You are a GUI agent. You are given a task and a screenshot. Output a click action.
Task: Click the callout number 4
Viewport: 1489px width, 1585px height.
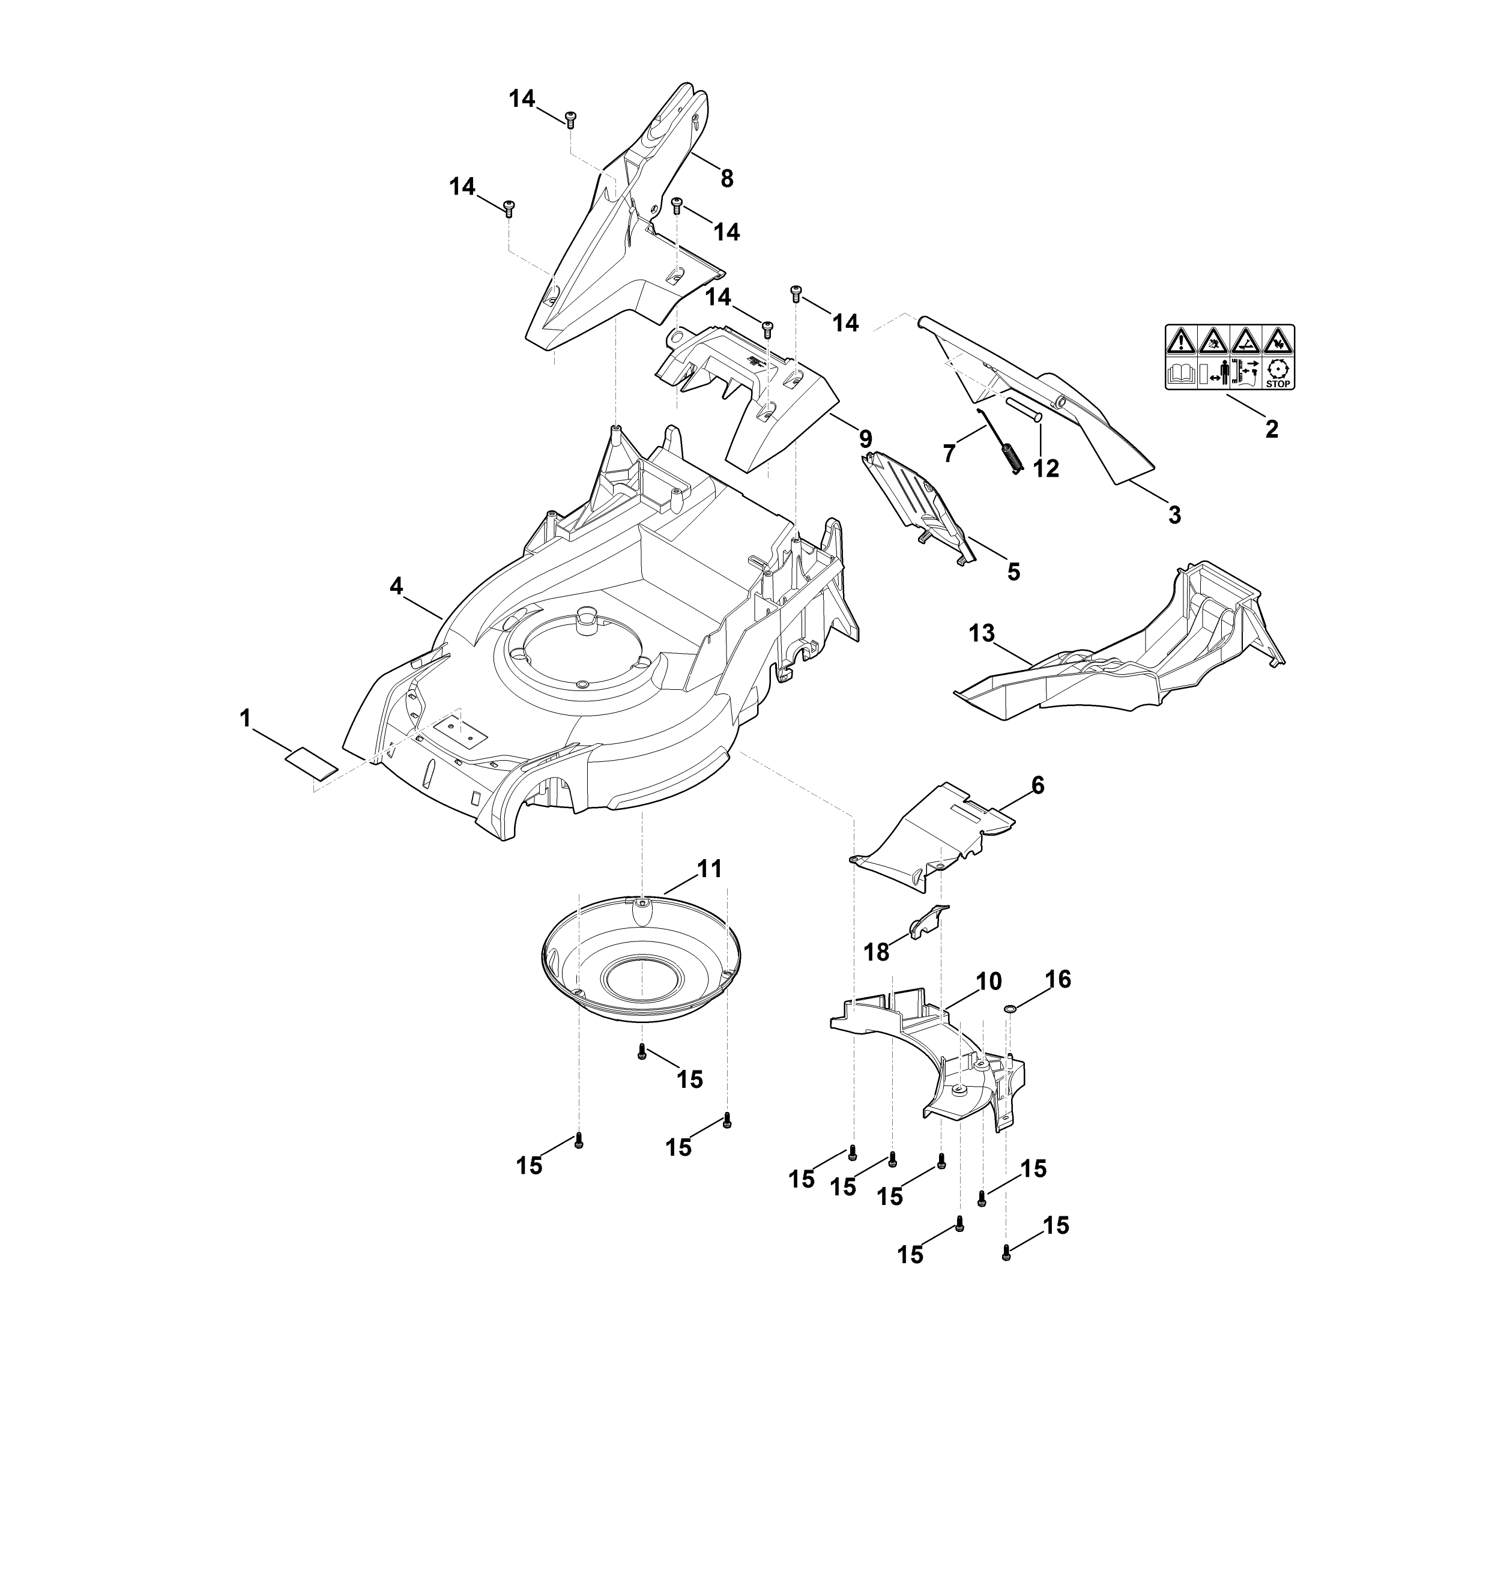tap(396, 586)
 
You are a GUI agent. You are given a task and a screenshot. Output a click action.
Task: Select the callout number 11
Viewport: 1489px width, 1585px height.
tap(710, 869)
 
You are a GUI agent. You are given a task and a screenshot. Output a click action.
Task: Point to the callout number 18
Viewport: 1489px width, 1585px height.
tap(877, 952)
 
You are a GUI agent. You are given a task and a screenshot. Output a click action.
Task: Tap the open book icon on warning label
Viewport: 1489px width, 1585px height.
tap(1180, 373)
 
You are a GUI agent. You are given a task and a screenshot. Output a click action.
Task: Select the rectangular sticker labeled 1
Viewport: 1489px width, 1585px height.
tap(311, 763)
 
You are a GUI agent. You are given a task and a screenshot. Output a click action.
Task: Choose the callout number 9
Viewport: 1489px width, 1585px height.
tap(865, 438)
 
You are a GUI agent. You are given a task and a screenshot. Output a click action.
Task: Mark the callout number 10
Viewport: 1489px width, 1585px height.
tap(988, 982)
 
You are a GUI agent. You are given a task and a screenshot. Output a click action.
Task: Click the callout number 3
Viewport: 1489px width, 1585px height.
tap(1174, 515)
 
